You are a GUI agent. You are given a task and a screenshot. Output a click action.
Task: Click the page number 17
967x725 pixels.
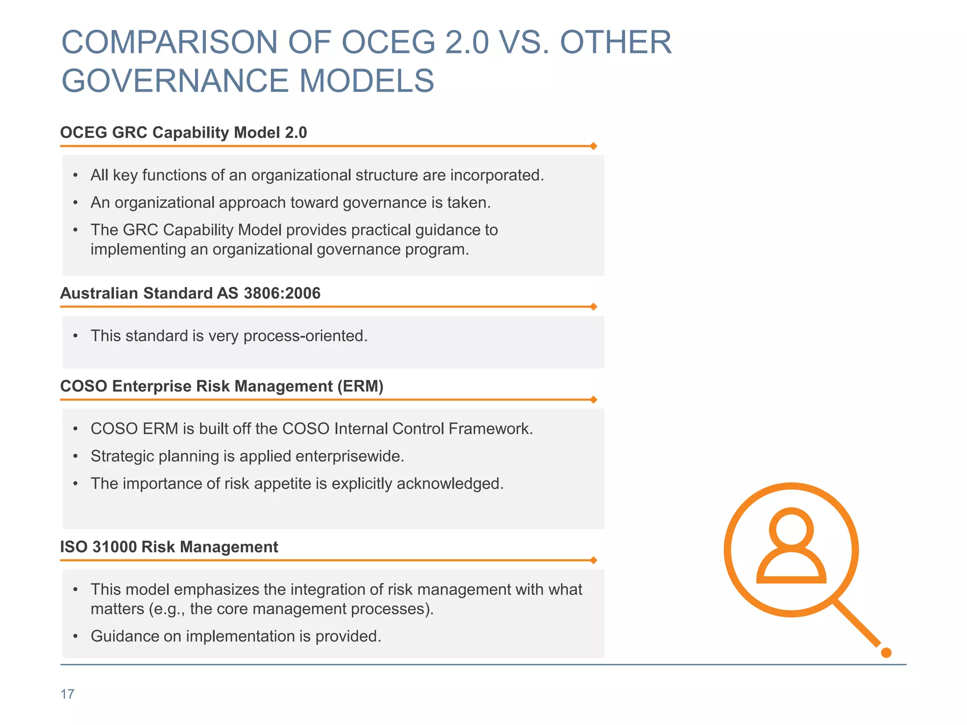click(68, 694)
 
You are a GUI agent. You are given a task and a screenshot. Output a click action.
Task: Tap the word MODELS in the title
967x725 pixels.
click(366, 81)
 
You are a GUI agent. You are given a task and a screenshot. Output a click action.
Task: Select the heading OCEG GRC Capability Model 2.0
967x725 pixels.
click(183, 133)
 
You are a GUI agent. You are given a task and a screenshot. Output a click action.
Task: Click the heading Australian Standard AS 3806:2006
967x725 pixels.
click(190, 293)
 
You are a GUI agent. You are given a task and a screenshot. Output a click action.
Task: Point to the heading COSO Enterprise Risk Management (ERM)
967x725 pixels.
click(221, 386)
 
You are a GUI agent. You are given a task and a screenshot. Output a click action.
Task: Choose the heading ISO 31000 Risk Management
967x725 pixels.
click(169, 547)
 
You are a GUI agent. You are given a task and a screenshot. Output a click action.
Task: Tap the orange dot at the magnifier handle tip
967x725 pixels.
click(886, 653)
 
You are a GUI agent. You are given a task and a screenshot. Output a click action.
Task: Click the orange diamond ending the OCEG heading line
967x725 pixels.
click(594, 146)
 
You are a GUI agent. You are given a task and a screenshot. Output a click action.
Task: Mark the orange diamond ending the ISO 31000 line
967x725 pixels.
click(594, 560)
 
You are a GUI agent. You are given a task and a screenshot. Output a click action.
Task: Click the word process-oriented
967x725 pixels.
click(305, 336)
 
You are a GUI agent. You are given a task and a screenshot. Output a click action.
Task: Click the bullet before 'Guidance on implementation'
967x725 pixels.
click(76, 636)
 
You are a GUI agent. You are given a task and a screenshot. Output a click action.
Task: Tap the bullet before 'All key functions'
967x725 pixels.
click(76, 176)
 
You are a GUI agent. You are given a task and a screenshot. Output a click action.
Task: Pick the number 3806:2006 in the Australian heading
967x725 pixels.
click(282, 293)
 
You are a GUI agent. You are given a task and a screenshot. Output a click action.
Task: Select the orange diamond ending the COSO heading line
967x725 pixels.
click(594, 400)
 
